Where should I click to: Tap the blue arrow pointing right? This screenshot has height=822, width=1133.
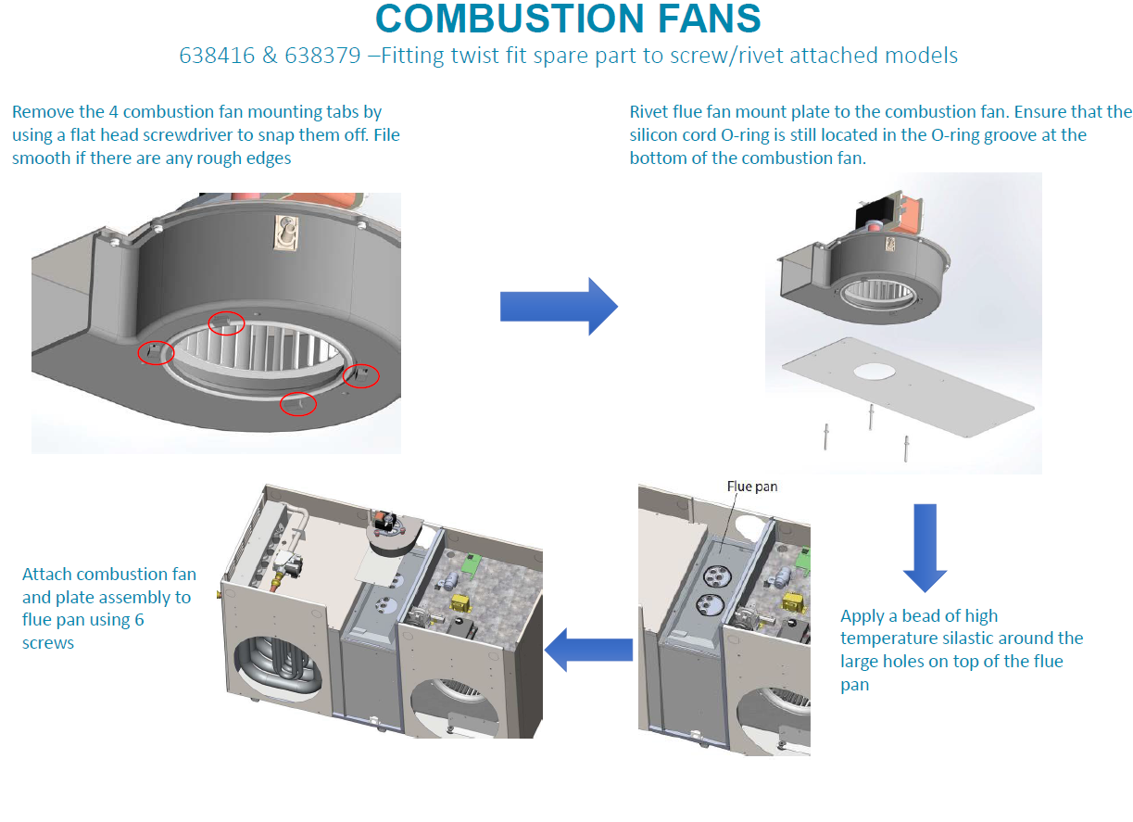[558, 305]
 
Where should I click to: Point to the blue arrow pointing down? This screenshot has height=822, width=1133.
[924, 547]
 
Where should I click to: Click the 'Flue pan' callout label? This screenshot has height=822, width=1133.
[751, 487]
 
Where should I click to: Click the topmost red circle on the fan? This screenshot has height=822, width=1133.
[227, 322]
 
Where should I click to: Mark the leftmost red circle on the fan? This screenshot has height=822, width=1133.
[155, 352]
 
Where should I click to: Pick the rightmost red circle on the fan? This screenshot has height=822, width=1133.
[361, 374]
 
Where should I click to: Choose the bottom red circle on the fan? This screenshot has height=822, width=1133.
[298, 404]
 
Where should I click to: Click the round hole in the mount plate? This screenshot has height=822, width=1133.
[881, 372]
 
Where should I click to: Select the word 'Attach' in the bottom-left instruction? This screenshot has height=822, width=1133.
[47, 575]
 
